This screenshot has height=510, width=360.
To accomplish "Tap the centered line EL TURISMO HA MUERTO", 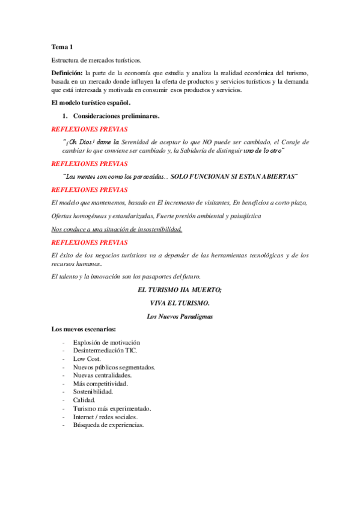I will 180,289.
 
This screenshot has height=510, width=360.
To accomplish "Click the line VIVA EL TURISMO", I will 180,303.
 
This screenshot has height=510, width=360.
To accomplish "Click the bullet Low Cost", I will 87,358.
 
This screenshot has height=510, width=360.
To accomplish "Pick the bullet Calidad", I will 84,400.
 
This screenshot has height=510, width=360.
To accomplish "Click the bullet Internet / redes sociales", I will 105,417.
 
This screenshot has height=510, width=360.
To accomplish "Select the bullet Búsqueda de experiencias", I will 108,425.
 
